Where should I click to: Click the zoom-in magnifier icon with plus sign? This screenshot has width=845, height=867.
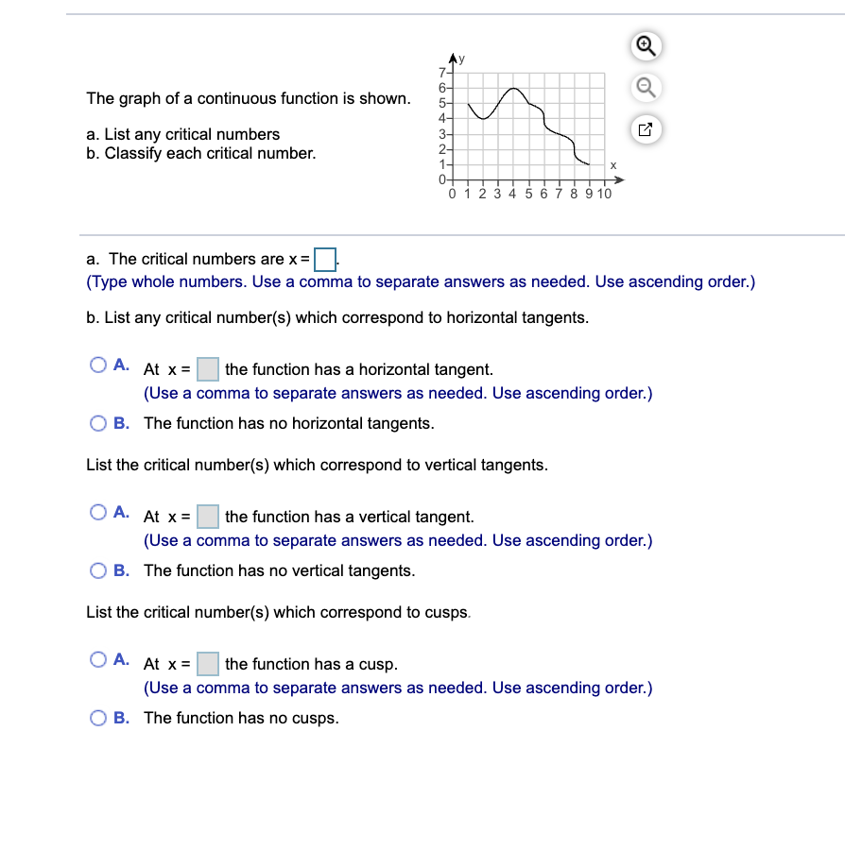point(644,44)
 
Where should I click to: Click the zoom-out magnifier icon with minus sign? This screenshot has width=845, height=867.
point(644,87)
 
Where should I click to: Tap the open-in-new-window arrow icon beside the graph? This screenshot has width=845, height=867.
point(644,130)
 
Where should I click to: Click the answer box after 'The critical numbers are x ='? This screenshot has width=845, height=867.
point(325,258)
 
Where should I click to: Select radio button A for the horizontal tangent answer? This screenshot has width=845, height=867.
point(98,365)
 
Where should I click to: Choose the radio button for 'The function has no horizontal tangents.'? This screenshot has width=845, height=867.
point(98,423)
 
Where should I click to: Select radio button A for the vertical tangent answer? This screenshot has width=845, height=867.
point(98,512)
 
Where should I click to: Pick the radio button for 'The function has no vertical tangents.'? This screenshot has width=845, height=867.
point(98,570)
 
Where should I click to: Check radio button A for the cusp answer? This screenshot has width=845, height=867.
point(98,659)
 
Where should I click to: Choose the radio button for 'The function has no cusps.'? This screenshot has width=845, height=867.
point(98,718)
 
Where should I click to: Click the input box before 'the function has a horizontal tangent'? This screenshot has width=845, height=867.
point(208,369)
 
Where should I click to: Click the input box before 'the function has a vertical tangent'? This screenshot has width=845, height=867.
point(208,517)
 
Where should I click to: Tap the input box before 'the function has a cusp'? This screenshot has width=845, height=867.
point(208,664)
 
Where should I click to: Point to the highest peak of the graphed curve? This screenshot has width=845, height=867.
point(513,89)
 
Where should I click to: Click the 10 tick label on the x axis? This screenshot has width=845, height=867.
point(604,194)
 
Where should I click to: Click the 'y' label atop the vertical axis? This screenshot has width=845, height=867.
point(462,59)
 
